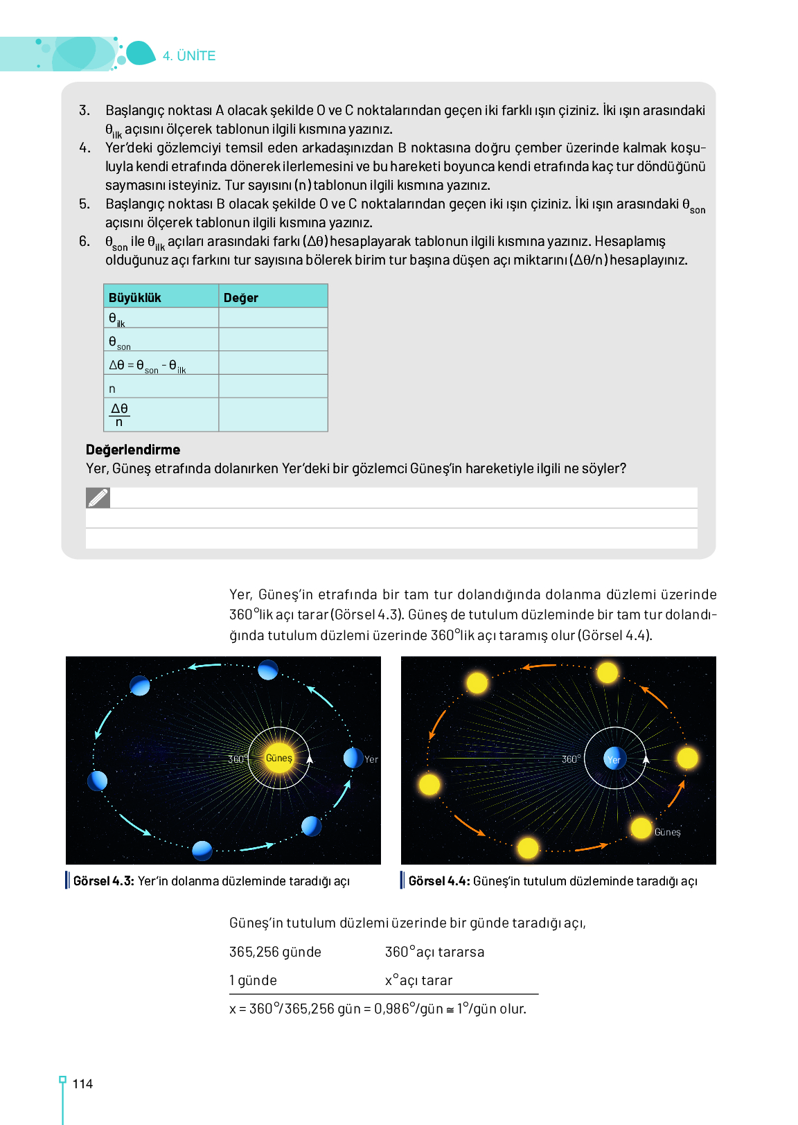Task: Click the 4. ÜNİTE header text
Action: (x=189, y=56)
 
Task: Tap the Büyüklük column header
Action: (x=135, y=298)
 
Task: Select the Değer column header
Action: (x=240, y=298)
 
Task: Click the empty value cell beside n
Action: (x=273, y=387)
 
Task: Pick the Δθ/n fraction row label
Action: (x=119, y=415)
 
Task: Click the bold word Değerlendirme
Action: (x=133, y=450)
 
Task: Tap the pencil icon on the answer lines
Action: (x=98, y=497)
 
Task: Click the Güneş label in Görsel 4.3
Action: (x=278, y=758)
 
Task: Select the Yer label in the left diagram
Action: (x=371, y=759)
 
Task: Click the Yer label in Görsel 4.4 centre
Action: (x=614, y=760)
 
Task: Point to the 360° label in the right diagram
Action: (x=571, y=759)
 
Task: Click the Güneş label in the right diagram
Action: (x=667, y=832)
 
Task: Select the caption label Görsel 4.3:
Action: (x=103, y=881)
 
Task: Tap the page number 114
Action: (x=82, y=1084)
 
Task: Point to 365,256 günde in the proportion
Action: (x=275, y=953)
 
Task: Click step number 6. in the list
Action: (x=85, y=241)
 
